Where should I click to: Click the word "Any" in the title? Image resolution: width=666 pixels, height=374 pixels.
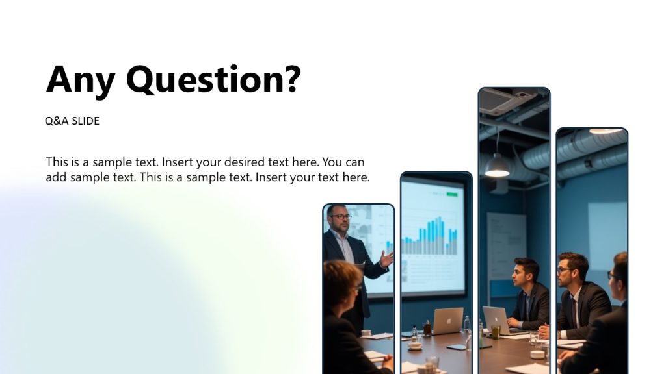click(80, 80)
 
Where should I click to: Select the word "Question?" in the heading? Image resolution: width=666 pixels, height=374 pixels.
click(213, 80)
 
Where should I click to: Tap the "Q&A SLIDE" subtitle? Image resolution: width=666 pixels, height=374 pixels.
click(72, 121)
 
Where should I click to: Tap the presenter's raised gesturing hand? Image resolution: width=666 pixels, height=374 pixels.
click(387, 260)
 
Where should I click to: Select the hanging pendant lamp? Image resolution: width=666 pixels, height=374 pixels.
click(498, 166)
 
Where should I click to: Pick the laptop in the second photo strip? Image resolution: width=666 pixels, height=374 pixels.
click(448, 321)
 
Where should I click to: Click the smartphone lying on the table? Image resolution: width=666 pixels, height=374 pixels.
click(457, 347)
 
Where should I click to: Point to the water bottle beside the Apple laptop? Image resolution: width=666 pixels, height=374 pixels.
click(466, 324)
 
